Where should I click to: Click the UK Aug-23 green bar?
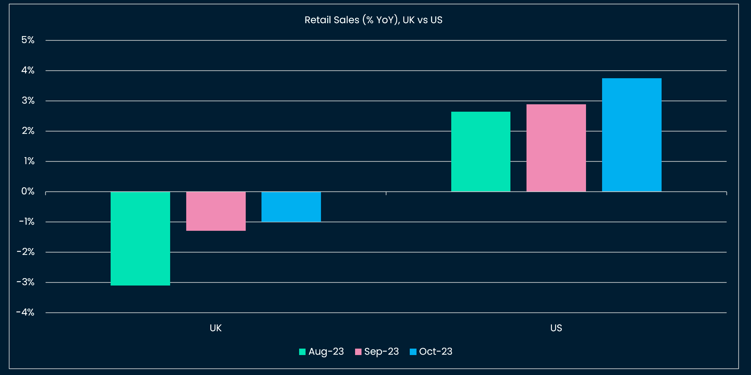[140, 239]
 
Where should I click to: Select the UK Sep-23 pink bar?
[216, 211]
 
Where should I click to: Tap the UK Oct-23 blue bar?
[291, 207]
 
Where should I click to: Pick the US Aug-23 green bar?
[481, 152]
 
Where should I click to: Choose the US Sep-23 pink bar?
[556, 148]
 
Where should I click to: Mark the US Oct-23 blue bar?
[632, 135]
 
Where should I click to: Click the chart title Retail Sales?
[373, 20]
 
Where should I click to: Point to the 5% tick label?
[28, 40]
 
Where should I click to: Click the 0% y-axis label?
[28, 191]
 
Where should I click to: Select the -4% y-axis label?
[25, 312]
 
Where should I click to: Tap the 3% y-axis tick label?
[28, 100]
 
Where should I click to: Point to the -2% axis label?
[26, 252]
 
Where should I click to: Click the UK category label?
[215, 328]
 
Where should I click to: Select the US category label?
[556, 328]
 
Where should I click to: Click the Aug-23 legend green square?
[302, 352]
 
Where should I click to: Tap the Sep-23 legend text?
[381, 352]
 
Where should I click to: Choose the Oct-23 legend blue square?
[413, 352]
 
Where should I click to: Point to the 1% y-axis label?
[29, 161]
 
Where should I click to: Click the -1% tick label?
[27, 221]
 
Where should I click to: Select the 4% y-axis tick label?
[28, 70]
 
